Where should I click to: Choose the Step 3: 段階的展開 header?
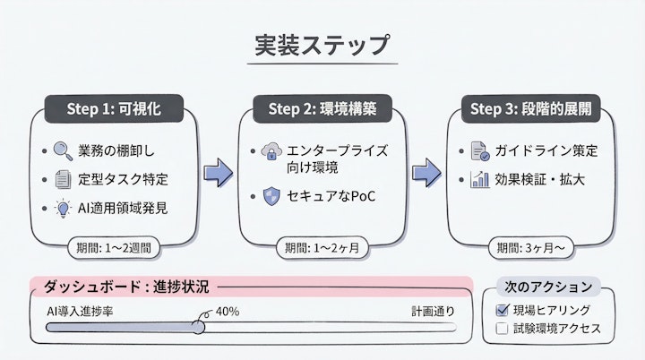530,108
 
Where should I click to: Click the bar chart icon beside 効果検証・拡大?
478,179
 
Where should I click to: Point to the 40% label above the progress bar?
227,311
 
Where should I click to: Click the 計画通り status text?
433,311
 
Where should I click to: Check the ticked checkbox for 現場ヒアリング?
502,310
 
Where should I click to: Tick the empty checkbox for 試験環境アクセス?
502,330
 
